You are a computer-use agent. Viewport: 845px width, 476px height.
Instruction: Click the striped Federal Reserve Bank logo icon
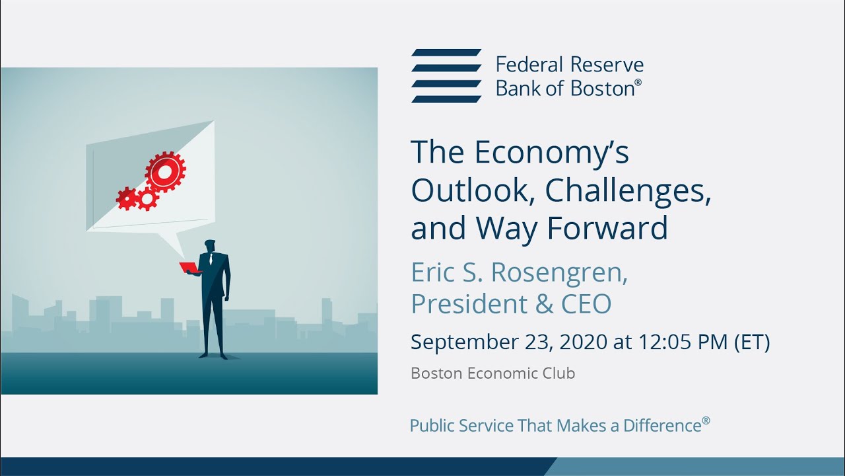coord(446,75)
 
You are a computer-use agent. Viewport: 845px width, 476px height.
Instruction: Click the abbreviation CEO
coord(586,304)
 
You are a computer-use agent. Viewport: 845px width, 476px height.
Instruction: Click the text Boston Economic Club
coord(492,374)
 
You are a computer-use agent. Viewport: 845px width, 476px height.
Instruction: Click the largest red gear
coord(165,172)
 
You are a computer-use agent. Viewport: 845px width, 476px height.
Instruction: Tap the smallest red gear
coord(126,198)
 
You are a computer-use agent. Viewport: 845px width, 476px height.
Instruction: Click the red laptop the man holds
coord(189,268)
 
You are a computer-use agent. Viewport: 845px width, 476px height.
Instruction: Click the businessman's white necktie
coord(211,260)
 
